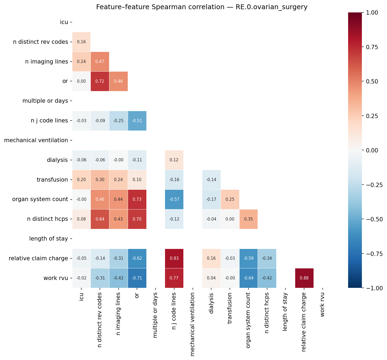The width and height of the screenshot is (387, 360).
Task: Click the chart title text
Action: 202,7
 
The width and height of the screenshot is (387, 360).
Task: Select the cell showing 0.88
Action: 304,278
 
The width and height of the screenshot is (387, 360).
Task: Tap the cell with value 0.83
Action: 174,258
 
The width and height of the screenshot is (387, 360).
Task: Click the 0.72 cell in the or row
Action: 100,81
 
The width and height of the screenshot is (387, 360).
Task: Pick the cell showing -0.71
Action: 137,278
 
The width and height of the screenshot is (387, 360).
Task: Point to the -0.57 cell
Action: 174,199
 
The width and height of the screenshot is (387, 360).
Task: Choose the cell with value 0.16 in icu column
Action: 81,42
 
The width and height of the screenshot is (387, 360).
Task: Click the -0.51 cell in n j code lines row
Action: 137,121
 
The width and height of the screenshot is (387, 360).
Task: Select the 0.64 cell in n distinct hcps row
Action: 100,219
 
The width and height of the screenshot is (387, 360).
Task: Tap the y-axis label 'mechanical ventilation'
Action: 36,140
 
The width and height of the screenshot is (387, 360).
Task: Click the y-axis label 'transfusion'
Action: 52,180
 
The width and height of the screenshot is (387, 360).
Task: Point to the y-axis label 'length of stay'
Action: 48,239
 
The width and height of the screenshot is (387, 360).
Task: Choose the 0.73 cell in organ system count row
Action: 137,199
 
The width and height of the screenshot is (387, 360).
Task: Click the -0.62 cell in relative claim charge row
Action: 137,258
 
